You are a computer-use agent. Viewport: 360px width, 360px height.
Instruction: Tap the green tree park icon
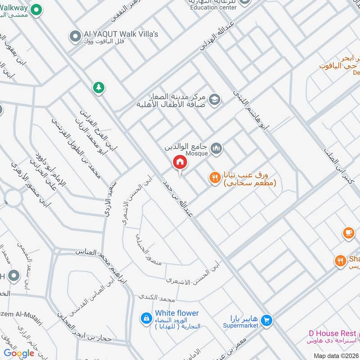(x=99, y=87)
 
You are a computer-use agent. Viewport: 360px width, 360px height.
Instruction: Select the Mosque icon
(x=216, y=148)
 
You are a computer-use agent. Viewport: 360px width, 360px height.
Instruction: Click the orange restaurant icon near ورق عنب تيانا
(x=214, y=178)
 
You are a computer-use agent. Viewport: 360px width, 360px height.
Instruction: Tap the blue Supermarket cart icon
(x=267, y=320)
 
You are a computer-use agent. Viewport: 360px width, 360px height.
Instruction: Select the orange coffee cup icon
(x=348, y=233)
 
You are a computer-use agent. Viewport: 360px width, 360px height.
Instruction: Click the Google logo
(x=19, y=353)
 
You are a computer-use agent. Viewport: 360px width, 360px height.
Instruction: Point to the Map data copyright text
(x=336, y=355)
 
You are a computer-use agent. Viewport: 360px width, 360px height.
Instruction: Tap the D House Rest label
(x=332, y=333)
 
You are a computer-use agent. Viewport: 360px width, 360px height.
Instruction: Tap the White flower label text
(x=176, y=313)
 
